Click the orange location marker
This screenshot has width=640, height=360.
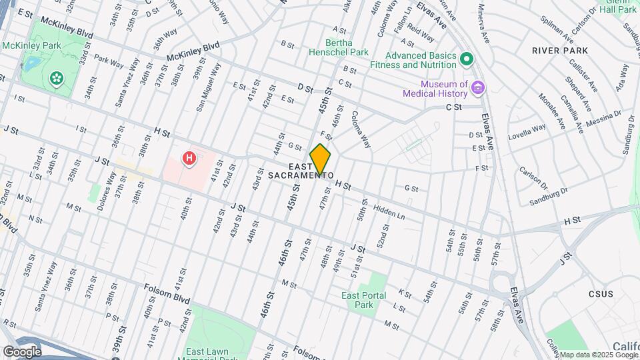321,160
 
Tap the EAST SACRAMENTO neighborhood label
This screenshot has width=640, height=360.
301,171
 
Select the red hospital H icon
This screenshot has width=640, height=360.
190,159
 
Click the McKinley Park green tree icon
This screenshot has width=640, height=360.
57,78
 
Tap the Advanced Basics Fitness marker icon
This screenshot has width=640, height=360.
467,59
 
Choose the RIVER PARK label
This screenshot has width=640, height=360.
560,51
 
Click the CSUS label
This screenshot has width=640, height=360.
600,293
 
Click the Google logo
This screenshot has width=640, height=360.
22,351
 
